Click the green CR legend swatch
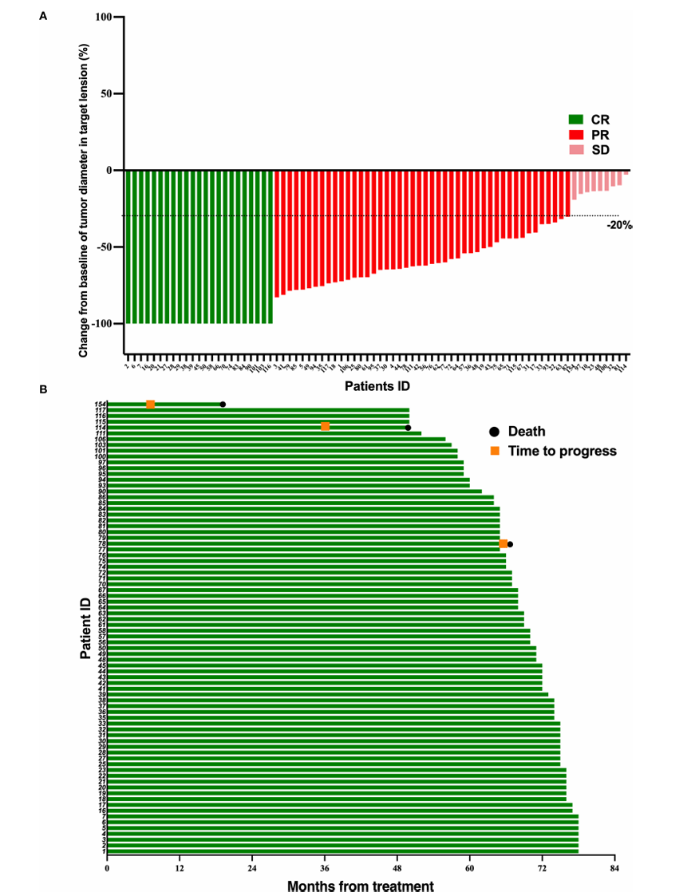tap(575, 120)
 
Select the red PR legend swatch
tap(575, 135)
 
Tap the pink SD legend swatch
tap(575, 150)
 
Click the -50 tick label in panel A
tap(103, 247)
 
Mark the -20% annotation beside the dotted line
tap(618, 226)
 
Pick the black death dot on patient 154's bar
tap(223, 405)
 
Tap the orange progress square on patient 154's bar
tap(150, 405)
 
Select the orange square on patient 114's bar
tap(325, 427)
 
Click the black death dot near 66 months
tap(510, 544)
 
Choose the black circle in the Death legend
tap(495, 432)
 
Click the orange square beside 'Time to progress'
tap(495, 451)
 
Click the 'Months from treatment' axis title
tap(360, 885)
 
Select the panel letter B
tap(43, 391)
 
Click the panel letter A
tap(43, 15)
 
